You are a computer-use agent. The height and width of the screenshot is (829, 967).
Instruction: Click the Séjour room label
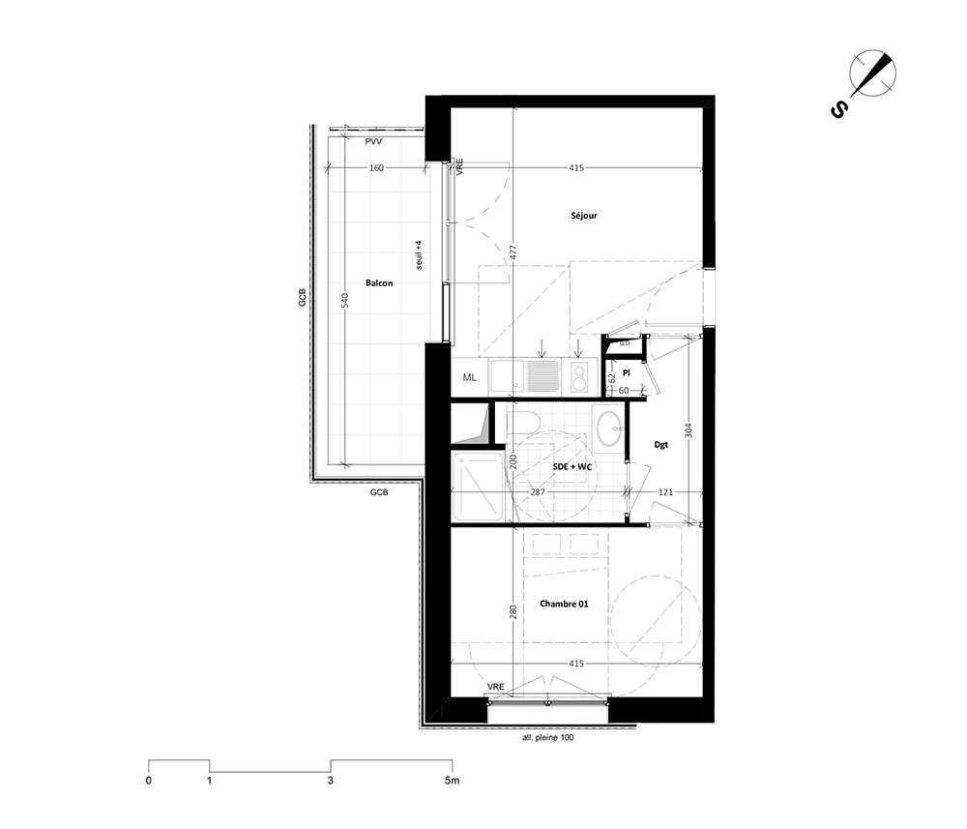(583, 216)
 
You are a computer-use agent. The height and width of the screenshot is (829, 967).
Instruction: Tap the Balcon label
(379, 283)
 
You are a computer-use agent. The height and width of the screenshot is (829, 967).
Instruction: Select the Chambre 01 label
(564, 604)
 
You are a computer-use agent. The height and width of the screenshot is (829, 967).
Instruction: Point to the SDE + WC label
(572, 467)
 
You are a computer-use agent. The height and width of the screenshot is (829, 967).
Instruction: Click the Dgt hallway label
(660, 445)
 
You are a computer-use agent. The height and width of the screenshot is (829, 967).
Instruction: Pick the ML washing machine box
(470, 377)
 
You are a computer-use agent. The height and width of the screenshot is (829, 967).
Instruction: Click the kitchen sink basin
(507, 376)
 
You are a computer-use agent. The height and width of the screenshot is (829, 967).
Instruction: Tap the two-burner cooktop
(579, 377)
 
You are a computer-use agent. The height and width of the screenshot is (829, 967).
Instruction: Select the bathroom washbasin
(608, 426)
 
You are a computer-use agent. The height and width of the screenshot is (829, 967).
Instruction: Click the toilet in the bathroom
(523, 424)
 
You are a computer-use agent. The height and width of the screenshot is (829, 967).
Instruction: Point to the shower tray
(478, 486)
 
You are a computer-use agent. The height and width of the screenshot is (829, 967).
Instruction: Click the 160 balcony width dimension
(376, 167)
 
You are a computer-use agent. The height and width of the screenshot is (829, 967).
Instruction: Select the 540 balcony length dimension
(345, 301)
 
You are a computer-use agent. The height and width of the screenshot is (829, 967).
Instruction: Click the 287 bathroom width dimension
(539, 492)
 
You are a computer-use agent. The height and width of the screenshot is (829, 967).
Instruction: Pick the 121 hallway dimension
(665, 492)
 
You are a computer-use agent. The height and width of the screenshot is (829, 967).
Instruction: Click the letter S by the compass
(838, 110)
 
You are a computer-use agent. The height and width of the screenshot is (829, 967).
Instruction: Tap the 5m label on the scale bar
(452, 781)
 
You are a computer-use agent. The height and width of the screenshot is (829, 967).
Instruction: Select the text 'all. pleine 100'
(547, 737)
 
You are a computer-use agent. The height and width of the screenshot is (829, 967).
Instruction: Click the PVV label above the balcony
(373, 142)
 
